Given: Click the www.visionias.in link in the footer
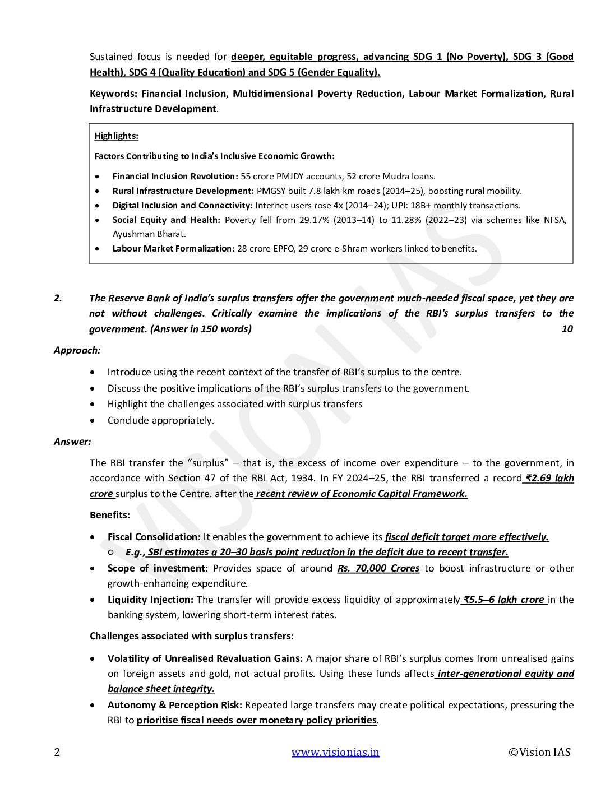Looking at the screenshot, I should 335,752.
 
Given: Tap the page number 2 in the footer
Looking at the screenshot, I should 57,752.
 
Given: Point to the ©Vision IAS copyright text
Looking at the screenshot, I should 539,752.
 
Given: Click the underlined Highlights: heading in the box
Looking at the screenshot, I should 116,136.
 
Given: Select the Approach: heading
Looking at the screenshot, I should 77,350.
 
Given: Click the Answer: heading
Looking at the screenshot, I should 72,442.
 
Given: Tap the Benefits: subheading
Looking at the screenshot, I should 110,515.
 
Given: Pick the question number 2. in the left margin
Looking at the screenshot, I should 58,298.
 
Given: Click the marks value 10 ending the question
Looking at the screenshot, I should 567,329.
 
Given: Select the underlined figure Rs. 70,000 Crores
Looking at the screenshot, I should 378,568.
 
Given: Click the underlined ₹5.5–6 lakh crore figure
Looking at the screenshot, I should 504,600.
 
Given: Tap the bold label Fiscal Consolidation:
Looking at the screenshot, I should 154,537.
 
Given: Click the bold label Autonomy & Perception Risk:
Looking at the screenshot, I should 175,705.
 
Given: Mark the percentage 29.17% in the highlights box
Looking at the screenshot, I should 315,220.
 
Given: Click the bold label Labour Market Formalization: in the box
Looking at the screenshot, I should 173,249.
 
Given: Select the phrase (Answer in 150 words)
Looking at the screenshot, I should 201,329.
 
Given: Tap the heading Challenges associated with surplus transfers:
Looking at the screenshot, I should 192,636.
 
